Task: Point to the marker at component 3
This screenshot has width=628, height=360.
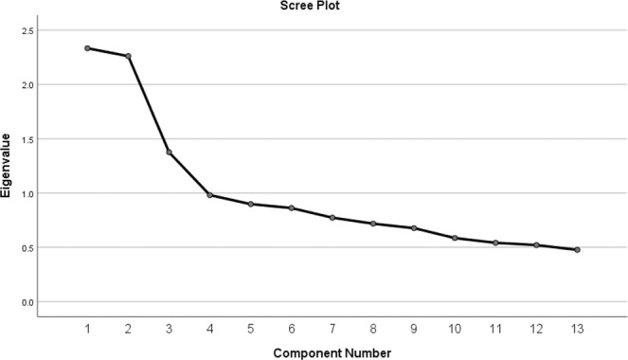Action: point(169,153)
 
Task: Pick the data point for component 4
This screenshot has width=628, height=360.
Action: point(209,195)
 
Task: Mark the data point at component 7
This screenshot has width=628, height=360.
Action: point(332,218)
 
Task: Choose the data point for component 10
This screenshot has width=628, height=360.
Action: point(455,239)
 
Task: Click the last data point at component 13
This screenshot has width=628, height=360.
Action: point(577,250)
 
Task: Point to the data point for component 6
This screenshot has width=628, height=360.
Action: point(291,208)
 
